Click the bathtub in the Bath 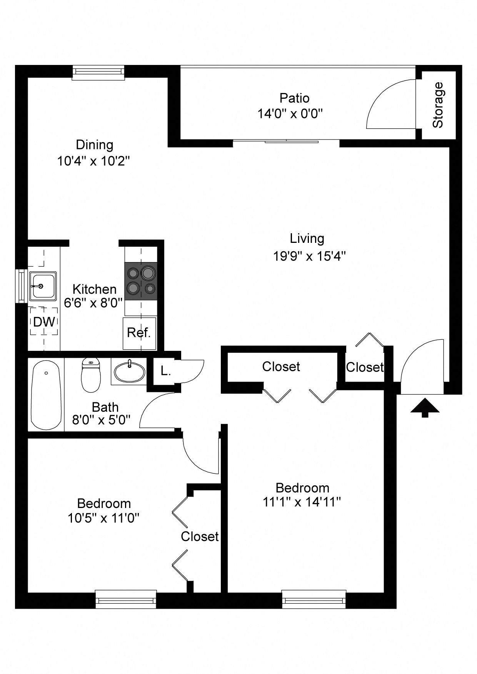tap(46, 395)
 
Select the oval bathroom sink tap(130, 372)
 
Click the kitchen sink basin tap(43, 286)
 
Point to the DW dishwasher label tap(44, 322)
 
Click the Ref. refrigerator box tap(139, 333)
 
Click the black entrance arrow tap(425, 408)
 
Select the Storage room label tap(438, 105)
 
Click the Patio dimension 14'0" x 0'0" tap(290, 114)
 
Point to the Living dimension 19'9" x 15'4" tap(309, 256)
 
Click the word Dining tap(95, 145)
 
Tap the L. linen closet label tap(165, 371)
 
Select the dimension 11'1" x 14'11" tap(302, 502)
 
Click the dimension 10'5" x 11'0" tap(103, 518)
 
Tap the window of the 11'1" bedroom tap(314, 599)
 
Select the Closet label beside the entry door tap(364, 367)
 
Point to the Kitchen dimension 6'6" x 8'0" tap(93, 303)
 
